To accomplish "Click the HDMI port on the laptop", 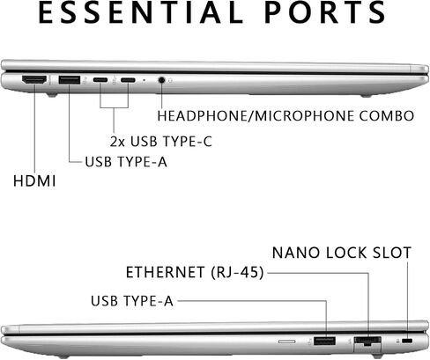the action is pos(34,80).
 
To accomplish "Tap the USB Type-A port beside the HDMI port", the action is pos(70,80).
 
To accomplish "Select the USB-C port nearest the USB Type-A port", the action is pos(100,80).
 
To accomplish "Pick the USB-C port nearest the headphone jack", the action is pos(128,80).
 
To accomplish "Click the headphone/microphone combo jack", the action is pos(161,80).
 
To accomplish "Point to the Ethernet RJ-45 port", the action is pos(367,342).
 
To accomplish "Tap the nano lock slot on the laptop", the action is pos(408,341).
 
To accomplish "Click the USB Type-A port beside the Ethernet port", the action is pos(324,341).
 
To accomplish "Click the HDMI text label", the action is pos(34,180).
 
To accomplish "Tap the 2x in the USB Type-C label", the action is pos(117,142).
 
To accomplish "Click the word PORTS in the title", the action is pos(325,12).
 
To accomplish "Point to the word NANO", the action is pos(296,253).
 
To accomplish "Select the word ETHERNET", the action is pos(165,273).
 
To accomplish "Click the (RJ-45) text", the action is pos(237,273).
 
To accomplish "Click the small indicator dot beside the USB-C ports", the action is pos(144,80).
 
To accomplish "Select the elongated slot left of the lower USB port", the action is pos(287,342).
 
